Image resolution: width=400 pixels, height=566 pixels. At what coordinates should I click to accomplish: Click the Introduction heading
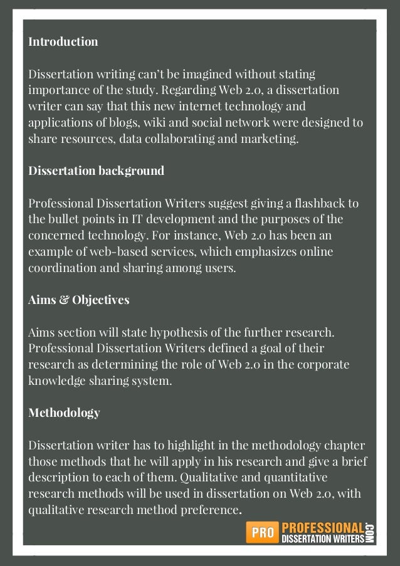click(63, 42)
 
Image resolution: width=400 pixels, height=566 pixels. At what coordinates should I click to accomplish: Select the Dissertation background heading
click(97, 170)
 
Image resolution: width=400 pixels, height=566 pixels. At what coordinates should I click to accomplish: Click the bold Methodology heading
click(64, 412)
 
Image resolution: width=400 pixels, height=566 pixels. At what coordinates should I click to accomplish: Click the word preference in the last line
click(207, 510)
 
